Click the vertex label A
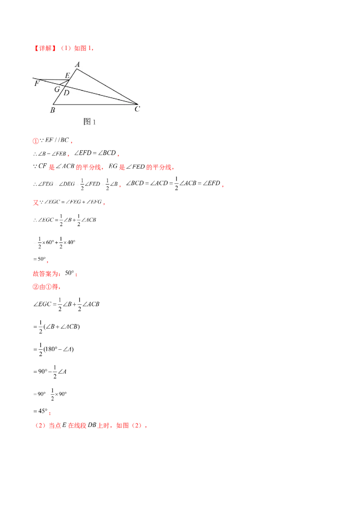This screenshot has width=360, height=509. [x=77, y=65]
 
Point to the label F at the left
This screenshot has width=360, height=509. [x=36, y=83]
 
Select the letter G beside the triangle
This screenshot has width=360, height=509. [x=57, y=89]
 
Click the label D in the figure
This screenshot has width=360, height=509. [x=66, y=93]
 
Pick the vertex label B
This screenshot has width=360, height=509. [x=53, y=109]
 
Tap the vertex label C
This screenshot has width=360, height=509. [x=137, y=109]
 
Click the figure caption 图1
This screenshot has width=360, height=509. [x=90, y=121]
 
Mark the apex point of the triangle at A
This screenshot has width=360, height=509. [x=76, y=69]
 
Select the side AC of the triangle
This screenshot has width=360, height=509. [x=107, y=87]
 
